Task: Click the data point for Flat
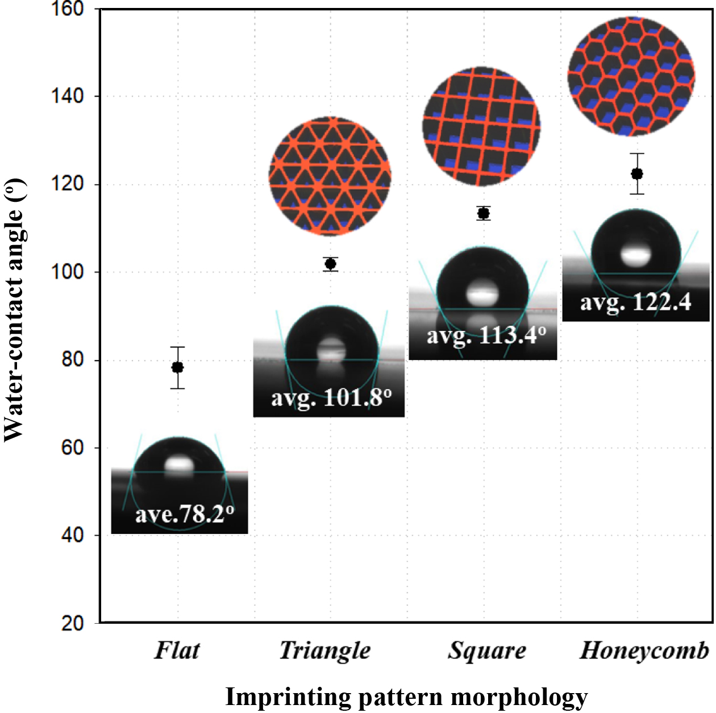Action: point(177,367)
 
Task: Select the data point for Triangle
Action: point(330,264)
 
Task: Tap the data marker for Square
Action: point(484,213)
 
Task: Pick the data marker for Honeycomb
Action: point(637,173)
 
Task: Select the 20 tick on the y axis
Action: point(73,623)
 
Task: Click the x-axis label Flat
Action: point(177,650)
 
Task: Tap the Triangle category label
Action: point(324,650)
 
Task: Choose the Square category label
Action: point(487,650)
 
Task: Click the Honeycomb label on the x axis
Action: point(644,650)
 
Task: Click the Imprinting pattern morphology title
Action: point(406,697)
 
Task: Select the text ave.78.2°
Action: point(184,515)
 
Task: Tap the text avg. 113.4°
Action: point(486,335)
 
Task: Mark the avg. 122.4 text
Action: point(635,302)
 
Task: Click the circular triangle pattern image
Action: point(330,176)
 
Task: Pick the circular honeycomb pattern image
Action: point(631,76)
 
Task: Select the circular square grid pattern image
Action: point(481,126)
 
